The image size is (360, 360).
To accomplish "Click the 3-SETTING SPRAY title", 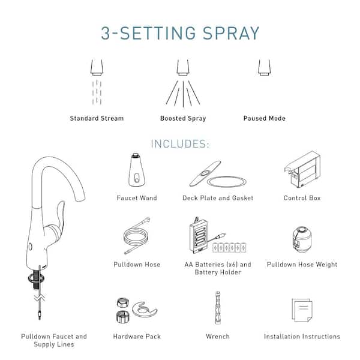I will (x=179, y=33).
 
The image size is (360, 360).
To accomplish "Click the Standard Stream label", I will (x=97, y=118).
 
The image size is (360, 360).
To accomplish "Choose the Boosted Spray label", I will (x=182, y=118).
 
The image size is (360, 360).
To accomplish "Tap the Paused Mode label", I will (x=264, y=118).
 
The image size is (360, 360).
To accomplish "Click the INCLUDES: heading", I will (x=179, y=145).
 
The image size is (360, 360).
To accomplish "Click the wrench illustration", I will (x=217, y=309).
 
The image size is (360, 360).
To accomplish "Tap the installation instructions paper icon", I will (x=301, y=311).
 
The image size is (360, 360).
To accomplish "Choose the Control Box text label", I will (x=302, y=198).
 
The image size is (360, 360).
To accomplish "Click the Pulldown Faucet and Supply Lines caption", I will (x=54, y=340).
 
